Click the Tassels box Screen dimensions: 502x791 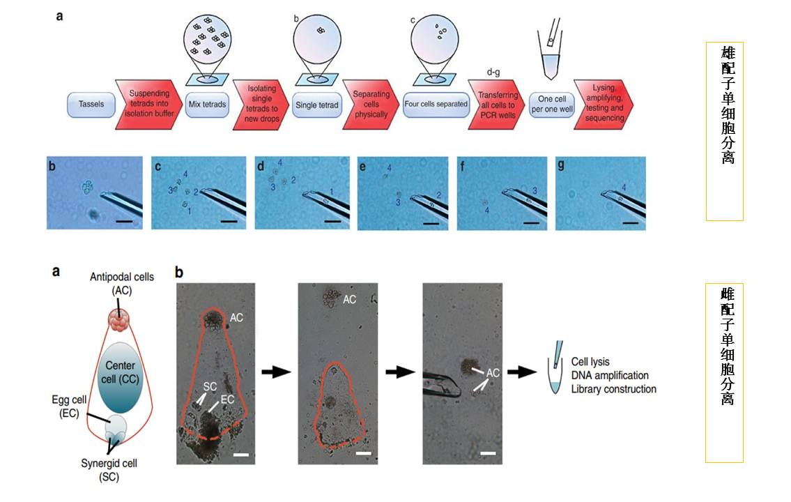pyautogui.click(x=91, y=104)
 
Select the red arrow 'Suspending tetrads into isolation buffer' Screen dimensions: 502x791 pyautogui.click(x=147, y=104)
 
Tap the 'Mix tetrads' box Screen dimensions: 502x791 pyautogui.click(x=208, y=104)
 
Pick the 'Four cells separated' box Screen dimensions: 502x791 pyautogui.click(x=436, y=104)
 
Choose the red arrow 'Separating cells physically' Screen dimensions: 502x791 pyautogui.click(x=370, y=104)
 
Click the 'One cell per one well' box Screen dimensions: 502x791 pyautogui.click(x=551, y=104)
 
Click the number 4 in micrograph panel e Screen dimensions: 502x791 pyautogui.click(x=389, y=169)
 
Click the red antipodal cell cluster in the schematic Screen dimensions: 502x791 pyautogui.click(x=120, y=321)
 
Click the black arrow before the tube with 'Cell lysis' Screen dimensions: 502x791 pyautogui.click(x=522, y=372)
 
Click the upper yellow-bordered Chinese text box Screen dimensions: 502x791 pyautogui.click(x=725, y=131)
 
